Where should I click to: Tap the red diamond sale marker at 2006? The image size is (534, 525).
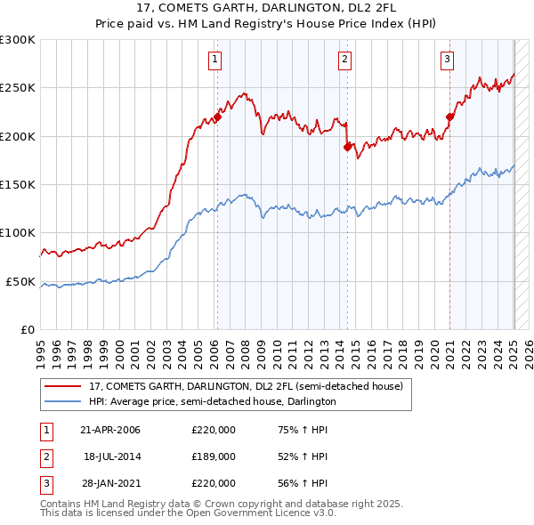click(217, 117)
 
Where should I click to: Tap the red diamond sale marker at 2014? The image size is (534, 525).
click(347, 147)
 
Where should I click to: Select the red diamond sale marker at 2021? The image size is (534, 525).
click(450, 117)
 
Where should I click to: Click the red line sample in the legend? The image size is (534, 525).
click(63, 386)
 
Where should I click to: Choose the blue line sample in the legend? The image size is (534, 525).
click(63, 401)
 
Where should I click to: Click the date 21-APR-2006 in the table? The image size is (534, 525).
click(110, 430)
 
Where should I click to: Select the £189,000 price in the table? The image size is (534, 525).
click(214, 456)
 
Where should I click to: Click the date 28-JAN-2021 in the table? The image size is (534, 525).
click(110, 483)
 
